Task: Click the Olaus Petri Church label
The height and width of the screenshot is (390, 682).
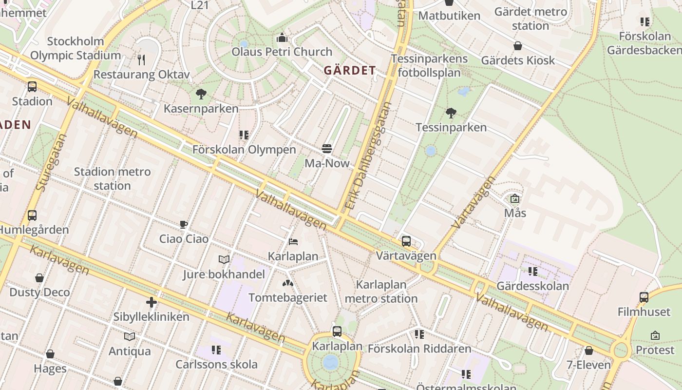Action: [282, 52]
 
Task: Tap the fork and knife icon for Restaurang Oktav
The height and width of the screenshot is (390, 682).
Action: [141, 60]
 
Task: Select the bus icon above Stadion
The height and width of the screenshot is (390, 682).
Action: [32, 87]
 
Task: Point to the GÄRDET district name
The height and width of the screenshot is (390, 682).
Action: [350, 70]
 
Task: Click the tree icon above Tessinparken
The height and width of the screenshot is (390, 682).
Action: [451, 113]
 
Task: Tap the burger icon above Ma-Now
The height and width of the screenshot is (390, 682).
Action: [327, 148]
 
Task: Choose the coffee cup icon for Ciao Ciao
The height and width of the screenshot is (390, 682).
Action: [184, 224]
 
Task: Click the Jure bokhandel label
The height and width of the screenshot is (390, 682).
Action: [224, 274]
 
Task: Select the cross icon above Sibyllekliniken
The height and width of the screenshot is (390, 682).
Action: [152, 302]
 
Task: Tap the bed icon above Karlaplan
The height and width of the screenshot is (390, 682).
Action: [293, 241]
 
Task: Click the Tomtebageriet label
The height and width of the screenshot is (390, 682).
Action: [287, 297]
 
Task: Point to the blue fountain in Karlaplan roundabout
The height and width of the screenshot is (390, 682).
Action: [331, 362]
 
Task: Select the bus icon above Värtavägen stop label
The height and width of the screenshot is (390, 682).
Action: [406, 241]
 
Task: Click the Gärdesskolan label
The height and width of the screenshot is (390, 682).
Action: [532, 286]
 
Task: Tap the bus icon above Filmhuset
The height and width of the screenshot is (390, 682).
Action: [644, 297]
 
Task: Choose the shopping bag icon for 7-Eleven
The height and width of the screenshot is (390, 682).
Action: [588, 351]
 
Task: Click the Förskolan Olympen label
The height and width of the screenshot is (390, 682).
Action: [244, 149]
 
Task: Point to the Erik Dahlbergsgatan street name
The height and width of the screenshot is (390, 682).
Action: [367, 156]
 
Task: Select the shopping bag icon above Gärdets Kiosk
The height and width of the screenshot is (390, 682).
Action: [518, 46]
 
